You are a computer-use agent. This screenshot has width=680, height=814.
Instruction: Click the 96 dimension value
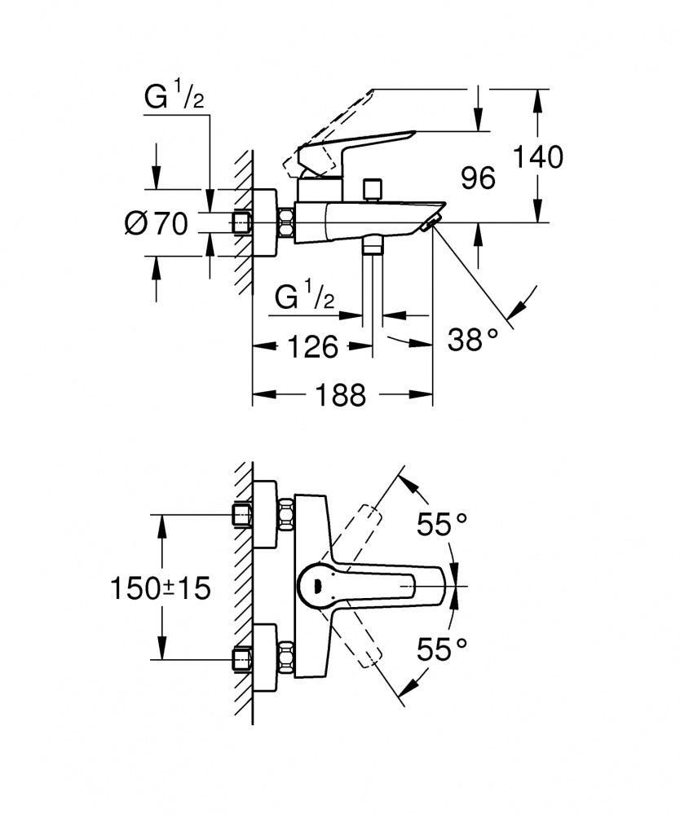478,177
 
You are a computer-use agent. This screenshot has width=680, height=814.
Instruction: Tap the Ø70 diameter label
157,222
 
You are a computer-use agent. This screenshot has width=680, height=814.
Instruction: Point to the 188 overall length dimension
342,395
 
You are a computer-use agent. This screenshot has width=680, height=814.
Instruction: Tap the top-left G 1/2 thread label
174,99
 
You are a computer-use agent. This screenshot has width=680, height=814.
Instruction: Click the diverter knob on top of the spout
373,189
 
